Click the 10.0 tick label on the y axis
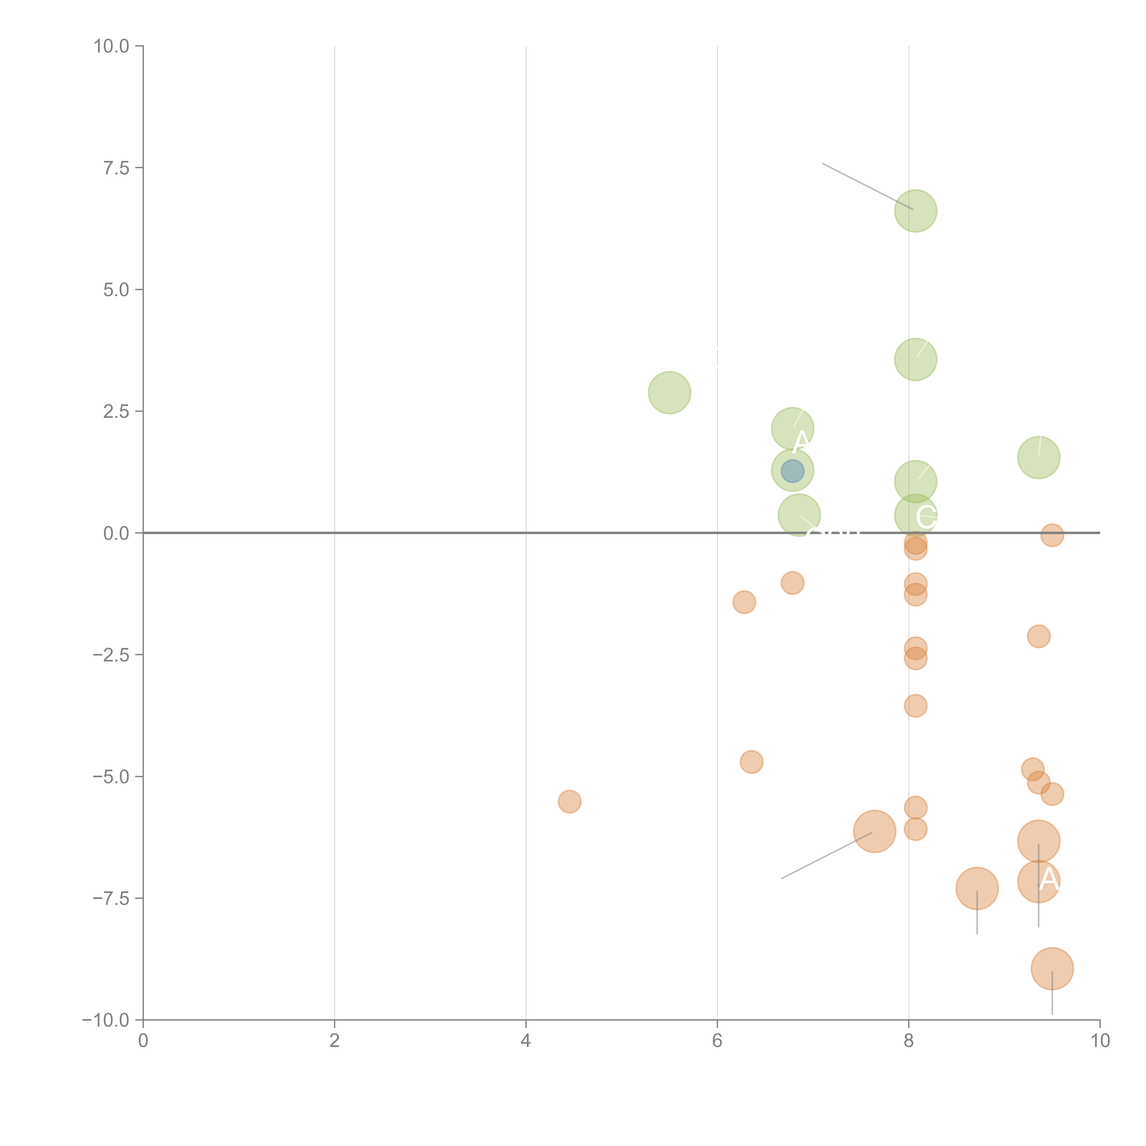point(112,46)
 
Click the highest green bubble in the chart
point(915,211)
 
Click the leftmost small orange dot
point(569,802)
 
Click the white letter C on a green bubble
point(926,517)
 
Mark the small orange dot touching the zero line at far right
point(1052,535)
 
